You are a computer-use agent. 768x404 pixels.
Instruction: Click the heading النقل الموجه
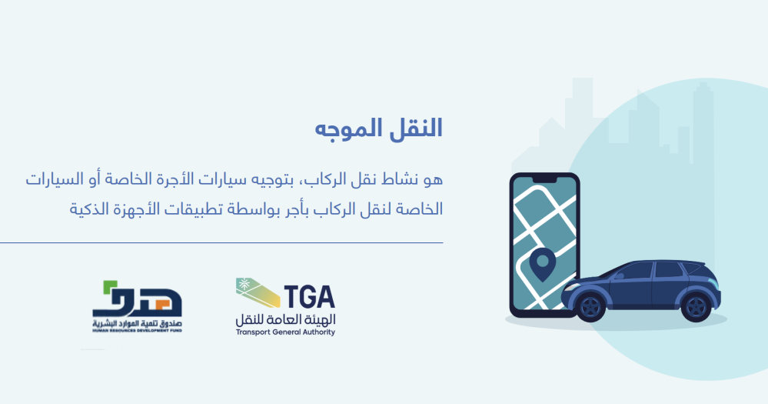pyautogui.click(x=378, y=129)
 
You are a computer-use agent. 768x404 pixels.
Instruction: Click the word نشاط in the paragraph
pyautogui.click(x=394, y=179)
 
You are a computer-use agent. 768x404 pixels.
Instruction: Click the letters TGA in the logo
pyautogui.click(x=310, y=297)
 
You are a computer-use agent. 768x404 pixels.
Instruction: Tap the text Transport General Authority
pyautogui.click(x=285, y=332)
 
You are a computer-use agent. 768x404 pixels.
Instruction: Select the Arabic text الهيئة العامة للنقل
pyautogui.click(x=285, y=319)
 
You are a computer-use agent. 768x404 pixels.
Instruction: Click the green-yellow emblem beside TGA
pyautogui.click(x=258, y=292)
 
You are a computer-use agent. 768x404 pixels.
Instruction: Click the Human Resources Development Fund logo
pyautogui.click(x=137, y=306)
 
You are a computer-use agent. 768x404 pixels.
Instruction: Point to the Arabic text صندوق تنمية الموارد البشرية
pyautogui.click(x=137, y=324)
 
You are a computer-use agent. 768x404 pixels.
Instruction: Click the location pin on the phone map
pyautogui.click(x=542, y=264)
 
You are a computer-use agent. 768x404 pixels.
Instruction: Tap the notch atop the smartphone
pyautogui.click(x=544, y=180)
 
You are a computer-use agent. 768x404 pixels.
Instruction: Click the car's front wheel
pyautogui.click(x=590, y=306)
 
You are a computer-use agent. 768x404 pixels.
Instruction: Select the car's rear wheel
pyautogui.click(x=696, y=306)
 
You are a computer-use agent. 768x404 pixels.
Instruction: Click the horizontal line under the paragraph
pyautogui.click(x=221, y=242)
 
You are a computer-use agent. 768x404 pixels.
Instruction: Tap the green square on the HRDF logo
pyautogui.click(x=109, y=287)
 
